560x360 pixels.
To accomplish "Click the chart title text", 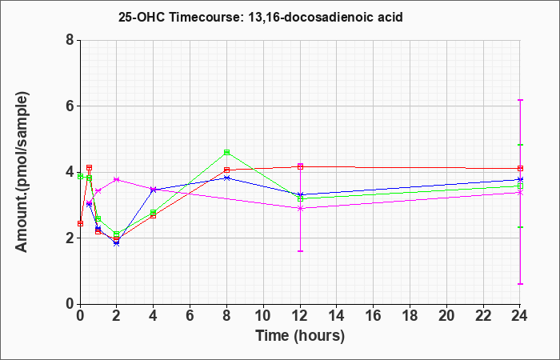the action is tap(260, 17).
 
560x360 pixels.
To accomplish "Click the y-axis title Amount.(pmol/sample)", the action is tap(22, 172).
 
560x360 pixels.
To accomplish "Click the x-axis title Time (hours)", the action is tap(300, 336).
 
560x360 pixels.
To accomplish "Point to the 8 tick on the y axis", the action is tap(70, 40).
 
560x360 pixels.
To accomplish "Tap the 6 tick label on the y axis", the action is tap(70, 106).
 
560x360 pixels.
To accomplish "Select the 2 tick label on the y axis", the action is tap(70, 238).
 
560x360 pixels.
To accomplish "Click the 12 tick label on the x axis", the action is tap(300, 316).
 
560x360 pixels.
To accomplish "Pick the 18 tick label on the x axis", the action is tap(410, 316).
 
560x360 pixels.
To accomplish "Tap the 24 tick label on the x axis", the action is tap(520, 316).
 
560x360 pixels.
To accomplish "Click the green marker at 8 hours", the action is tap(226, 152).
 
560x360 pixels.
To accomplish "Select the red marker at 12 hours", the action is tap(300, 166).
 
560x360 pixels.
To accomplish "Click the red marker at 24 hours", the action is tap(520, 168).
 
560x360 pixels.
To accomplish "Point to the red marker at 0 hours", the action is tap(80, 223).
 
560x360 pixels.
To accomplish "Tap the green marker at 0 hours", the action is tap(80, 177).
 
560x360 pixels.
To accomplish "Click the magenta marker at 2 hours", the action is tap(117, 179).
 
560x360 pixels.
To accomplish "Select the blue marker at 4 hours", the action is tap(154, 190).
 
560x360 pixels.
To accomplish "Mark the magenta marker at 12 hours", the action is tap(300, 208).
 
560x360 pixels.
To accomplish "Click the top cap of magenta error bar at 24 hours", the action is tap(520, 100).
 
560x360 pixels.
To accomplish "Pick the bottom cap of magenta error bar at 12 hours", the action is tap(300, 251).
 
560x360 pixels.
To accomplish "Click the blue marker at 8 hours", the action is tap(226, 178).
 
